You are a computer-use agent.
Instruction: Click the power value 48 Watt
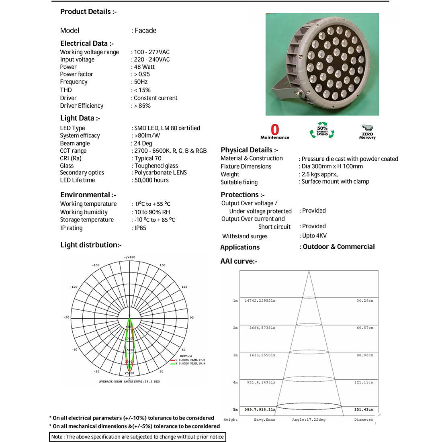coord(144,67)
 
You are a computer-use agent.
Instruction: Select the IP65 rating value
coord(140,228)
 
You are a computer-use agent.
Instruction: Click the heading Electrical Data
coord(87,43)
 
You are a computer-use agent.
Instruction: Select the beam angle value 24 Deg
coord(143,143)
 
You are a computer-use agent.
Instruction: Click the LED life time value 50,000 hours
coord(151,180)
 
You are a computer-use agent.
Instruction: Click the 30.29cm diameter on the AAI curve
coord(364,301)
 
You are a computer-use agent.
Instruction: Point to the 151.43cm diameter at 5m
coord(363,409)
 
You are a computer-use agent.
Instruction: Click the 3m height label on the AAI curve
coord(235,355)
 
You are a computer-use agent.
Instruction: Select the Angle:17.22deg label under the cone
coord(309,419)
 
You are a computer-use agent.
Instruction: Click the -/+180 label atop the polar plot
coord(129,257)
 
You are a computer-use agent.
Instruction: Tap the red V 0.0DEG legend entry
coord(190,360)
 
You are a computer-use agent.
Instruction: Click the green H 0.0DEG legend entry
coord(190,364)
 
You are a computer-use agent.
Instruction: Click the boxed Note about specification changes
coord(137,437)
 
